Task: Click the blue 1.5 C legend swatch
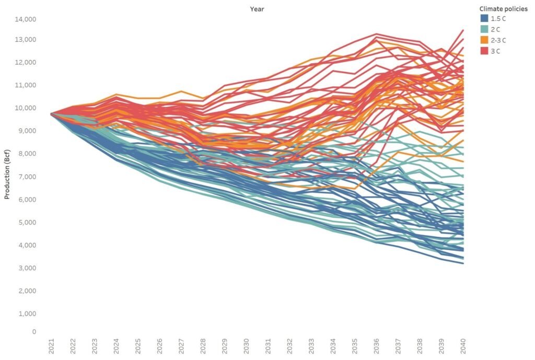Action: pyautogui.click(x=484, y=19)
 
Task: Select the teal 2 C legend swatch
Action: pyautogui.click(x=484, y=29)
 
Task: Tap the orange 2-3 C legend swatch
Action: pyautogui.click(x=484, y=40)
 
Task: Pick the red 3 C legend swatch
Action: pyautogui.click(x=484, y=51)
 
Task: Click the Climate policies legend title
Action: pyautogui.click(x=503, y=9)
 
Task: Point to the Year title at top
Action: pyautogui.click(x=257, y=9)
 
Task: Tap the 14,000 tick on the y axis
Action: pyautogui.click(x=26, y=19)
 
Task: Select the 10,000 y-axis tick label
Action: pyautogui.click(x=26, y=108)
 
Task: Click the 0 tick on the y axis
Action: pyautogui.click(x=34, y=332)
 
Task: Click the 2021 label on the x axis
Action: pyautogui.click(x=51, y=345)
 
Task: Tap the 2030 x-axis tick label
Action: pyautogui.click(x=246, y=345)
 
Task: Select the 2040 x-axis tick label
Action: pyautogui.click(x=463, y=345)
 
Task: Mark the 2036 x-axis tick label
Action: pyautogui.click(x=376, y=345)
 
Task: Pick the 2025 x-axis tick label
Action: pyautogui.click(x=138, y=345)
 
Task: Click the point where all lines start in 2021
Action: pyautogui.click(x=51, y=114)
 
